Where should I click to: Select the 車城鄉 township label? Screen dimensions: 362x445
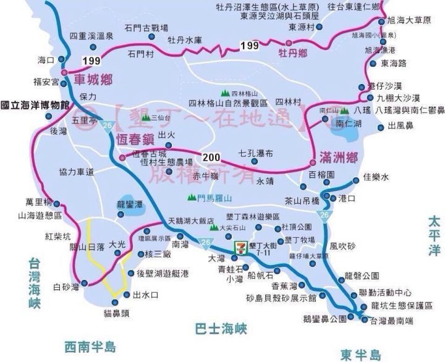point(93,79)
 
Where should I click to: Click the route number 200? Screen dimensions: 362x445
point(208,154)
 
